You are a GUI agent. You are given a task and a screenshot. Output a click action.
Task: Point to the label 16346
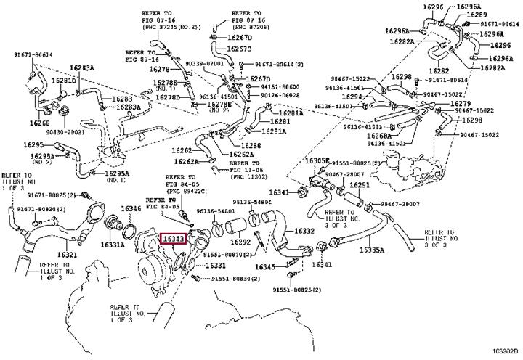pyautogui.click(x=131, y=208)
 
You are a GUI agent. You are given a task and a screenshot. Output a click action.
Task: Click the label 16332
pyautogui.click(x=304, y=232)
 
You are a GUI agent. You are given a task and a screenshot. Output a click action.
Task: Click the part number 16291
pyautogui.click(x=360, y=186)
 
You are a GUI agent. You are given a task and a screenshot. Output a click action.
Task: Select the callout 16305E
pyautogui.click(x=317, y=160)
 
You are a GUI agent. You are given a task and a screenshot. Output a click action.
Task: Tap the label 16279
pyautogui.click(x=461, y=103)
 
